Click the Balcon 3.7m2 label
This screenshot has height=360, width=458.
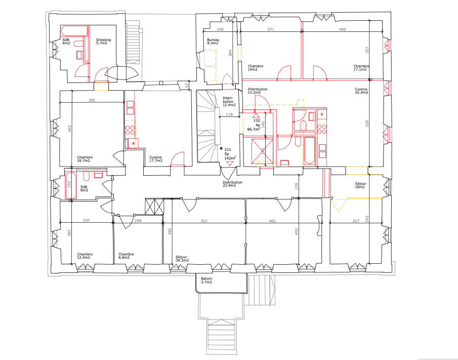click(206, 281)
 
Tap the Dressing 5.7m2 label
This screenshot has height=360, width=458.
click(104, 42)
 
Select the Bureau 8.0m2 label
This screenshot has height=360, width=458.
click(213, 42)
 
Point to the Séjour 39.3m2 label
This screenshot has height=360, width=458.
click(182, 259)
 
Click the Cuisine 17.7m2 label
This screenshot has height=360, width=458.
click(155, 159)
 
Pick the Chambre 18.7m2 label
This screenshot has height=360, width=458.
click(85, 159)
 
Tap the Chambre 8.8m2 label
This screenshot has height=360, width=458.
click(126, 256)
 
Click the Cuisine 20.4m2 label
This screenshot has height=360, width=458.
click(361, 91)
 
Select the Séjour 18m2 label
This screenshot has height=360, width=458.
click(360, 185)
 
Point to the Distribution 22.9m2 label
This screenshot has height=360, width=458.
click(232, 184)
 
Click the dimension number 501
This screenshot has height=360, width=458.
click(204, 221)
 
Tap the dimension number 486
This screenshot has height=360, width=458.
click(342, 29)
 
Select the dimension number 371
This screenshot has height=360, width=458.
click(271, 29)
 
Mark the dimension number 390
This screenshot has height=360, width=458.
click(92, 100)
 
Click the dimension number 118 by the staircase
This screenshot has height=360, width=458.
click(229, 114)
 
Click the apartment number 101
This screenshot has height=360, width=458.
click(228, 149)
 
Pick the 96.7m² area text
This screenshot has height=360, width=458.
click(254, 129)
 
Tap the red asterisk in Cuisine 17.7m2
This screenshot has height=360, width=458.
click(134, 143)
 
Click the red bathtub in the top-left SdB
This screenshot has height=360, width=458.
click(74, 31)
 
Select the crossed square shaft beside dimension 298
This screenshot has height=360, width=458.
click(154, 207)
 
